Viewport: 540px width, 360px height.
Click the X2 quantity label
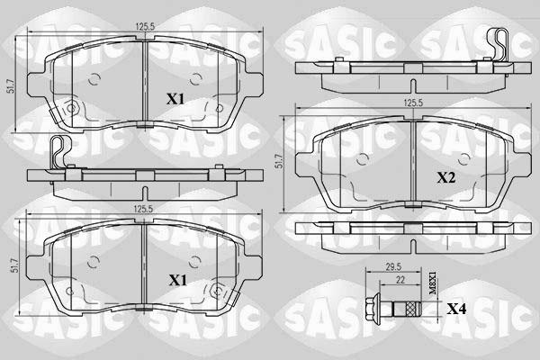coord(446,178)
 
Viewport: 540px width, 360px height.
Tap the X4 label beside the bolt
coord(456,309)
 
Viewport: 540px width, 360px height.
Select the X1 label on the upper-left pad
coord(175,100)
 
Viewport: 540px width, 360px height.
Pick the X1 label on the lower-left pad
coord(177,281)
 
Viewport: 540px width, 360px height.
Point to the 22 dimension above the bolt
coord(400,280)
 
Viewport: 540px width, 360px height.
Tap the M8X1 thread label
coord(433,283)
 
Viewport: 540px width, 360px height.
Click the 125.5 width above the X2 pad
coord(413,103)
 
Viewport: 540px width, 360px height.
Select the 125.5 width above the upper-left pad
coord(146,26)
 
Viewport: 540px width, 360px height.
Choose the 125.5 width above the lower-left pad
coord(144,209)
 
